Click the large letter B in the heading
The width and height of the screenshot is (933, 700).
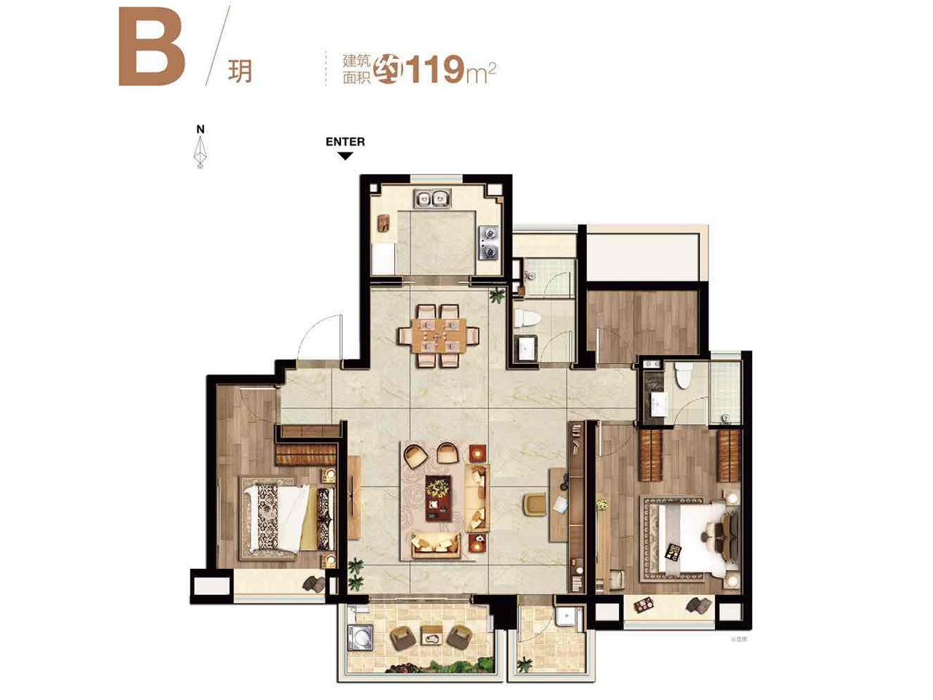pyautogui.click(x=152, y=48)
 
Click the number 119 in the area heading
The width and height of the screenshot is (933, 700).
pyautogui.click(x=435, y=70)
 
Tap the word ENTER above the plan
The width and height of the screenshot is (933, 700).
pyautogui.click(x=345, y=141)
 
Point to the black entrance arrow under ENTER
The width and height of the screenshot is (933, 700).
pyautogui.click(x=346, y=156)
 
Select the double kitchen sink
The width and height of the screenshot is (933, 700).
pyautogui.click(x=432, y=198)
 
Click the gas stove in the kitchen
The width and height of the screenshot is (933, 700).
pyautogui.click(x=489, y=243)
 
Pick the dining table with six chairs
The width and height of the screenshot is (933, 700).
pyautogui.click(x=439, y=335)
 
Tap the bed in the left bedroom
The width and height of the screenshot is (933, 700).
pyautogui.click(x=288, y=518)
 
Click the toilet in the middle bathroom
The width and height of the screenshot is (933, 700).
pyautogui.click(x=526, y=317)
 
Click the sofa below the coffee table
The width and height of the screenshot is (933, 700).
pyautogui.click(x=436, y=543)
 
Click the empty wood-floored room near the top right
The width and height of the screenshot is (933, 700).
pyautogui.click(x=641, y=324)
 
